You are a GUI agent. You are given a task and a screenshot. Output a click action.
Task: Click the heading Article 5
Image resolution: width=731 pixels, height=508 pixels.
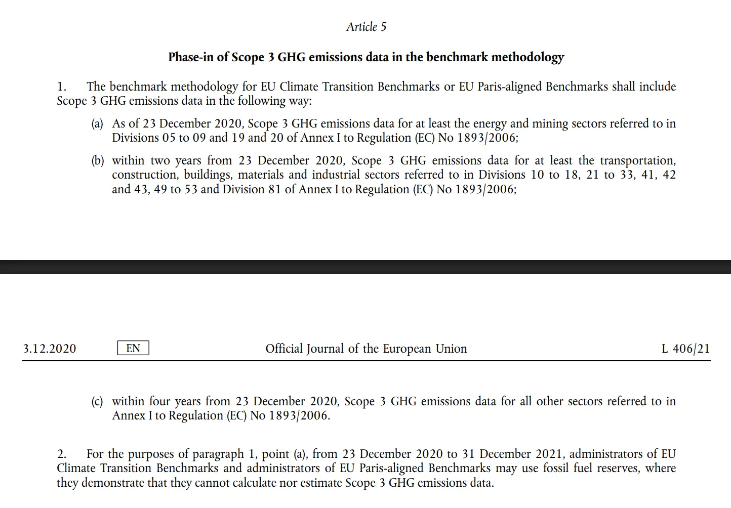pos(366,27)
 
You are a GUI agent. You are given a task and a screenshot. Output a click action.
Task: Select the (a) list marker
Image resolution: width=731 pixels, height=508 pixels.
pos(97,124)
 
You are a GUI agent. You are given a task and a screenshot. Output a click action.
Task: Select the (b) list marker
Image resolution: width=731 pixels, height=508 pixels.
pos(98,161)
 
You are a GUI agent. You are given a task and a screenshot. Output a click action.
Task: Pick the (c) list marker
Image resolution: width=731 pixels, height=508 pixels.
pos(97,402)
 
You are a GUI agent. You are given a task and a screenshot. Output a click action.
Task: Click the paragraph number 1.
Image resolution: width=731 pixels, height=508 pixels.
pos(61,87)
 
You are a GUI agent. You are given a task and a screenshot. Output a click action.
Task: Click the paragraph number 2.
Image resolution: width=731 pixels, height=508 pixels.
pos(61,454)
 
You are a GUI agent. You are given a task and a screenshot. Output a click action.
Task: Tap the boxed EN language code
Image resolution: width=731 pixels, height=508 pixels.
pos(133,348)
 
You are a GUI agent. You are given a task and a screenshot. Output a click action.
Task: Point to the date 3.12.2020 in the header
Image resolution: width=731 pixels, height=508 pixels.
pos(50,349)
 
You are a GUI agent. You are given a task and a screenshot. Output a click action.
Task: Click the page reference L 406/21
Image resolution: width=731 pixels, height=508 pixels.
pos(685,349)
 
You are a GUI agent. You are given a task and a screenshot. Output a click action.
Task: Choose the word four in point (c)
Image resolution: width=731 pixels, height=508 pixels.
pos(159,401)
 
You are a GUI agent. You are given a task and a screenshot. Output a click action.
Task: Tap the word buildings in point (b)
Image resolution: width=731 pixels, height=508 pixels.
pos(208,175)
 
